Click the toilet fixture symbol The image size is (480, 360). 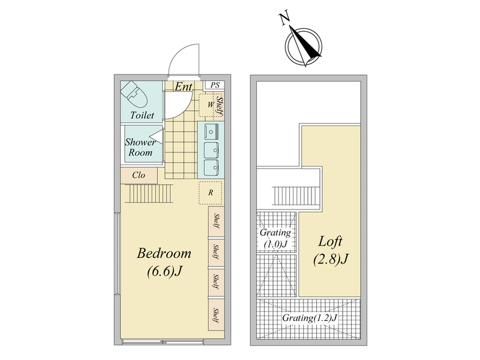point(134,94)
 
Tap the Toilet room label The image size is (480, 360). point(142,115)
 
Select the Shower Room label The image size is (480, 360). point(140,147)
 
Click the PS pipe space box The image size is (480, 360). point(215,85)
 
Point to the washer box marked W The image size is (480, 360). point(211,105)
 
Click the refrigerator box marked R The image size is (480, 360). point(211,193)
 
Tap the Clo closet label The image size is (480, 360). point(139,175)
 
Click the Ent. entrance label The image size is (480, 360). point(184,87)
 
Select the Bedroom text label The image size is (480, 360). point(164,253)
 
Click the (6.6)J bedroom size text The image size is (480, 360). point(164,271)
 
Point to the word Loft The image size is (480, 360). point(331,241)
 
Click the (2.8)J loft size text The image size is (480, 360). point(331,259)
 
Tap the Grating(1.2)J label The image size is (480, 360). point(310,318)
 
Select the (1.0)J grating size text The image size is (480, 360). point(275,244)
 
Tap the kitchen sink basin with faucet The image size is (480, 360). point(211,131)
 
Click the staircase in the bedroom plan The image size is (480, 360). point(149,193)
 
